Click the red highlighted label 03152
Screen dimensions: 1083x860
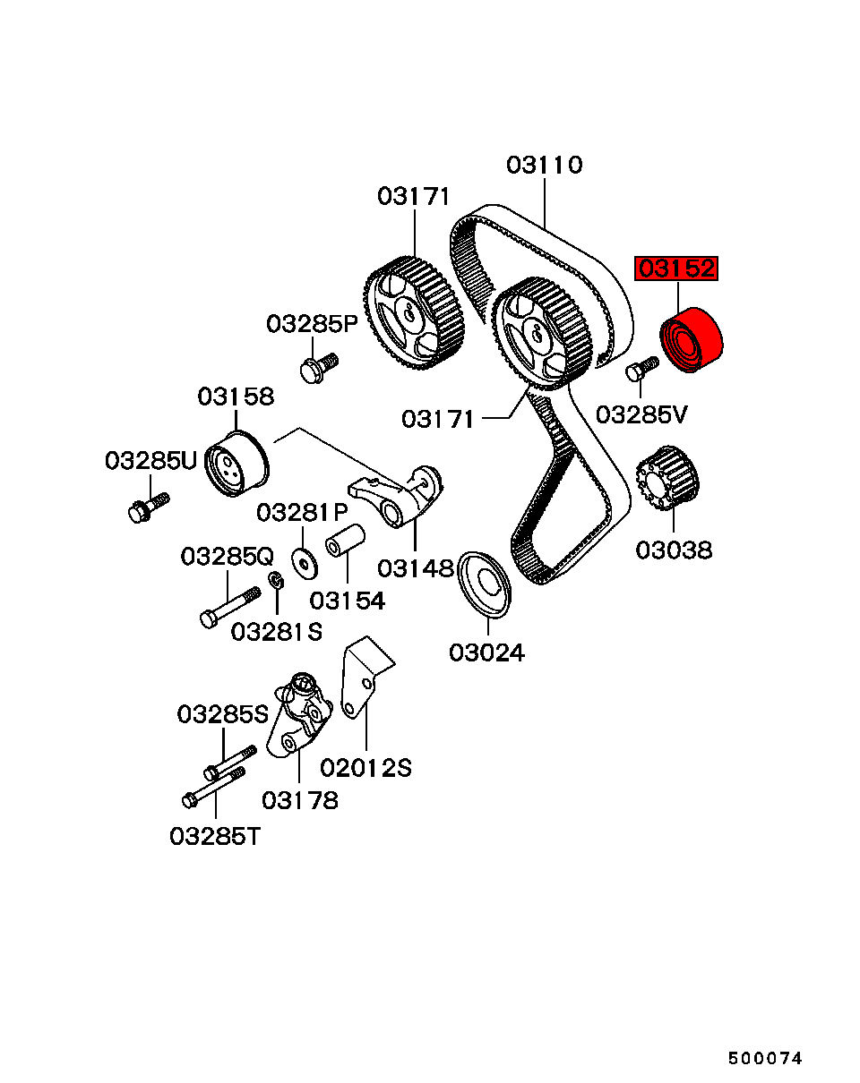click(x=676, y=269)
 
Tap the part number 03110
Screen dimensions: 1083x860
click(x=545, y=166)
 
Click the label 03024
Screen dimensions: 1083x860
click(x=486, y=652)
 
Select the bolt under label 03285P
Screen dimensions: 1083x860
click(x=317, y=367)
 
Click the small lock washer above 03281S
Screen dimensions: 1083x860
click(x=278, y=583)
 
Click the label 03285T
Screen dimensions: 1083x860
click(x=216, y=836)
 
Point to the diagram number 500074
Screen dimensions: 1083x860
click(x=764, y=1058)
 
